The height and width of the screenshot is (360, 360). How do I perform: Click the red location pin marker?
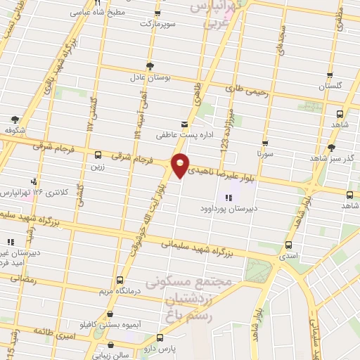pyautogui.click(x=181, y=165)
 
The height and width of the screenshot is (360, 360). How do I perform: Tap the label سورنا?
pyautogui.click(x=264, y=153)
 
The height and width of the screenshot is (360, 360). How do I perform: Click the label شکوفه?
pyautogui.click(x=15, y=130)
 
